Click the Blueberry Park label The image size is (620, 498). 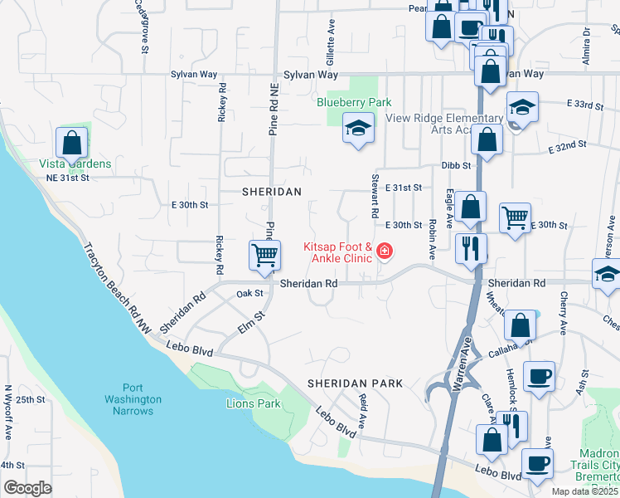pos(354,102)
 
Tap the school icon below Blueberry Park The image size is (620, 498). pos(358,129)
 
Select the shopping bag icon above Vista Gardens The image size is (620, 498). pos(72,143)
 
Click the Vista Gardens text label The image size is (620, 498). pos(75,164)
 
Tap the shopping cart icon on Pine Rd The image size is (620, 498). pos(265,256)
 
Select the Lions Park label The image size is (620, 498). pos(254,404)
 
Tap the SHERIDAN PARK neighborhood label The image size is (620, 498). pos(355,383)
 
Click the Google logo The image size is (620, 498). pos(27,488)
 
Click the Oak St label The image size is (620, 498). pos(249,293)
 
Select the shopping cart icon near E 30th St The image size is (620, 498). pos(515,219)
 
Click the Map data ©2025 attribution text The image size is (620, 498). pos(584,491)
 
